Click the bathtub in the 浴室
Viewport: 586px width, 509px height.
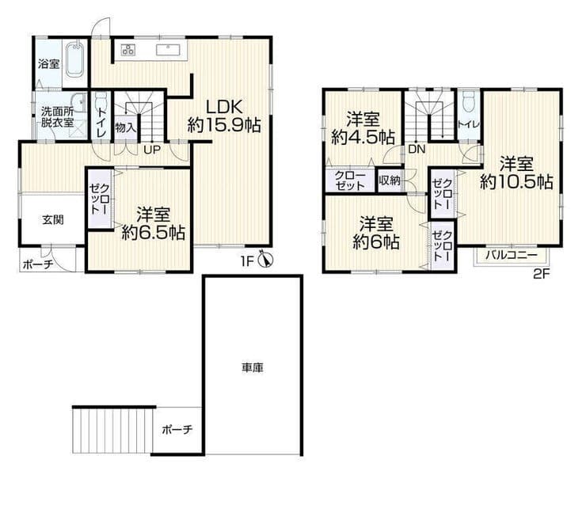(x=75, y=60)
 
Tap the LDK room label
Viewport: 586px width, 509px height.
(x=225, y=107)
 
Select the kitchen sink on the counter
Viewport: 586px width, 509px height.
(x=168, y=50)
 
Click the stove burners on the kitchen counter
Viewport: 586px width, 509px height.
(x=127, y=50)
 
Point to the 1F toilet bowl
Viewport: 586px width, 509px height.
(x=101, y=101)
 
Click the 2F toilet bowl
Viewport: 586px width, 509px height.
(x=468, y=101)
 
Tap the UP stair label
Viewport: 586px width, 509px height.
(x=152, y=150)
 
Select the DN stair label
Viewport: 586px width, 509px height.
(x=417, y=150)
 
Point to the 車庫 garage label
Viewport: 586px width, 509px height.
(x=253, y=368)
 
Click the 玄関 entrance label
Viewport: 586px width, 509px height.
(x=53, y=220)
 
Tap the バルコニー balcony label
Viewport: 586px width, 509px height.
(x=512, y=256)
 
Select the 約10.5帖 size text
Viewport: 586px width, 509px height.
(x=516, y=182)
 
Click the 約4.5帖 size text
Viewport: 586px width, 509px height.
(x=363, y=138)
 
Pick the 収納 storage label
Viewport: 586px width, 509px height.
(x=390, y=180)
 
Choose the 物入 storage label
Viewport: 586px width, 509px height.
(x=125, y=127)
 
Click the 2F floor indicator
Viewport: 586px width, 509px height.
(x=541, y=275)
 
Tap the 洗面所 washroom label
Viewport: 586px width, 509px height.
(x=57, y=112)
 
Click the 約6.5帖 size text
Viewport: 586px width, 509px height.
(x=154, y=233)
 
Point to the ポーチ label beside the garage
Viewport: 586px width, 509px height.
(x=177, y=429)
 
